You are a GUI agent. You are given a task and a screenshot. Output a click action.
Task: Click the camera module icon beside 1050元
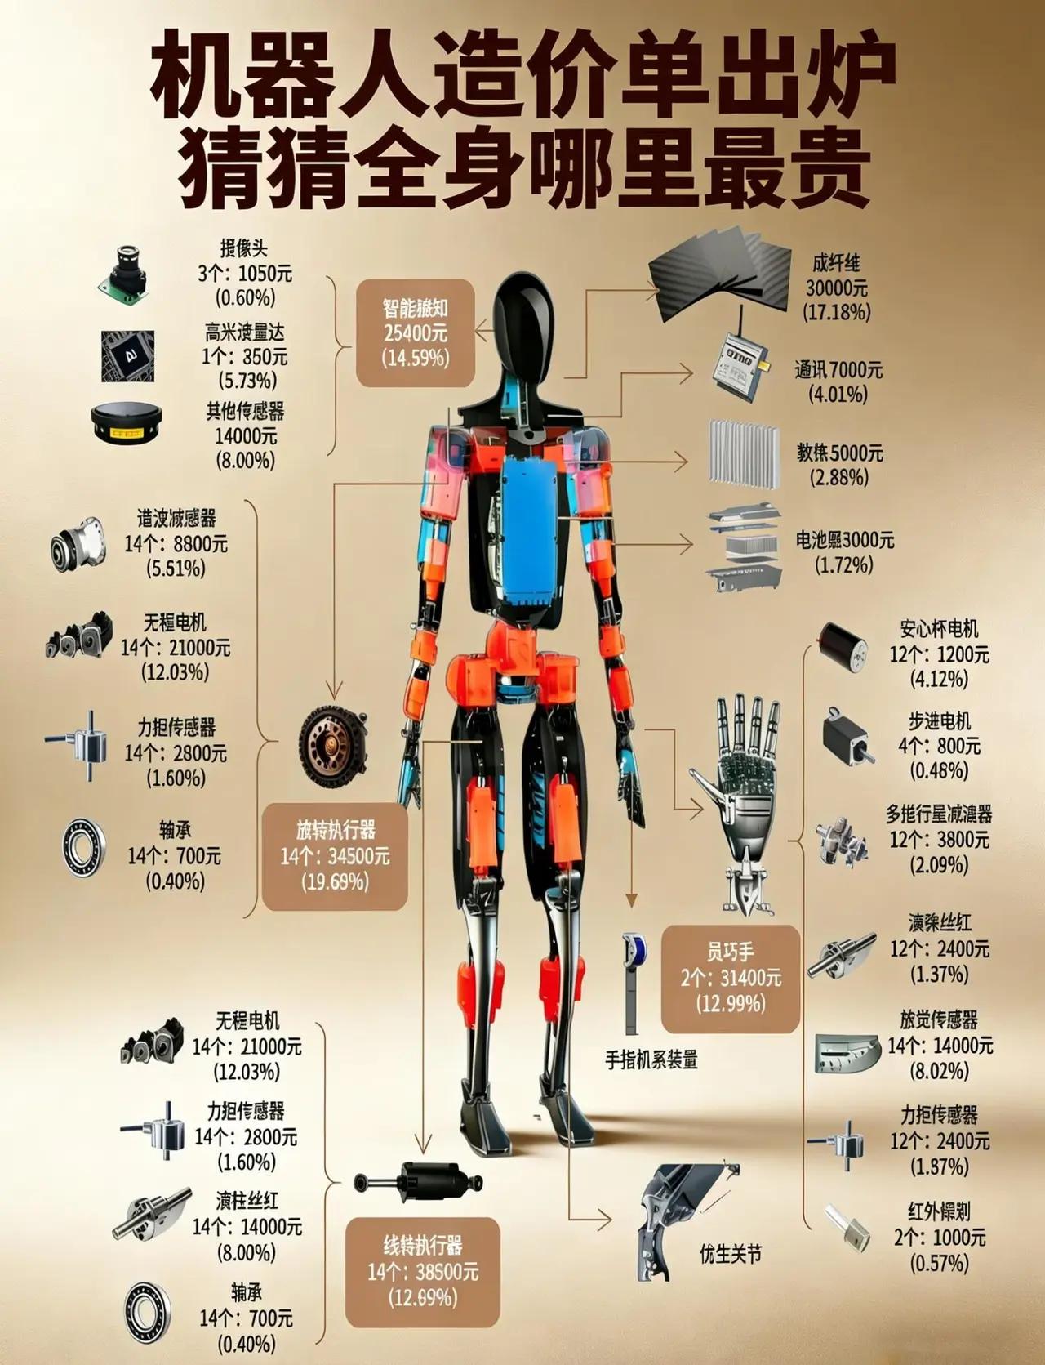[x=125, y=271]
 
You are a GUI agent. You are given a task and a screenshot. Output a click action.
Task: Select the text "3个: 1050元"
[x=244, y=274]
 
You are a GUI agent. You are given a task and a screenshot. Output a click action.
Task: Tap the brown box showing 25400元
[x=416, y=332]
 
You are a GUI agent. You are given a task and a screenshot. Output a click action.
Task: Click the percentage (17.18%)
[x=837, y=312]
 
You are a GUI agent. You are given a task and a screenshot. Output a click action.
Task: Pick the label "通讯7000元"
[x=839, y=370]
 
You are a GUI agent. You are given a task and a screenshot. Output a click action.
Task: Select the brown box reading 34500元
[x=335, y=856]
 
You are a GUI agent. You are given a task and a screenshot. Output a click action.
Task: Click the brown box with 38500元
[x=422, y=1272]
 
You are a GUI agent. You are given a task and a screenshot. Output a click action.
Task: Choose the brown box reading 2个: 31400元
[x=730, y=978]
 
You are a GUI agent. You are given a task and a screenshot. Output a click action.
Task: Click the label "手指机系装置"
[x=651, y=1060]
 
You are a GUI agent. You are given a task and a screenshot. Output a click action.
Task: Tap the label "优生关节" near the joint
[x=731, y=1253]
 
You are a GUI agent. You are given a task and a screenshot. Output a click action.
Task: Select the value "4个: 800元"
[x=939, y=746]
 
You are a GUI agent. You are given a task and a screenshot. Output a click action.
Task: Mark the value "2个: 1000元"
[x=939, y=1238]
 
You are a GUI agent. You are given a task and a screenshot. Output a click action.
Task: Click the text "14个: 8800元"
[x=176, y=544]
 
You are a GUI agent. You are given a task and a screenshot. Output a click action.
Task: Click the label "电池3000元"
[x=845, y=540]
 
